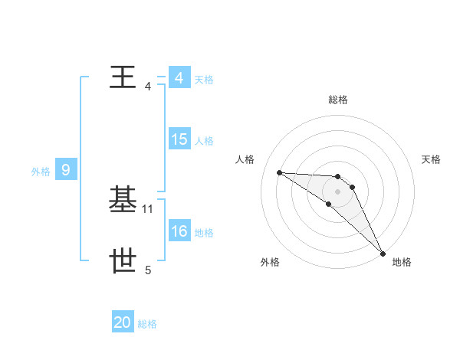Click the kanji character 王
(123, 77)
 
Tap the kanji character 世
(123, 261)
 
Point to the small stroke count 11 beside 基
(148, 208)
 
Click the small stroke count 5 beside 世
(148, 270)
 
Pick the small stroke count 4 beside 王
(148, 86)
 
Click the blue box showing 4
(179, 78)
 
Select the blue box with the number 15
(179, 139)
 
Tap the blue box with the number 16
(179, 231)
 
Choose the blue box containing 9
(66, 170)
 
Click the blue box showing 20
(122, 322)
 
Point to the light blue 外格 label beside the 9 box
(41, 172)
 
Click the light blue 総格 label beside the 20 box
(147, 324)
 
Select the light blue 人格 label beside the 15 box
(204, 141)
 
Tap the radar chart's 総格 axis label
(338, 100)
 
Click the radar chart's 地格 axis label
(402, 262)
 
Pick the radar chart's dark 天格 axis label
(432, 159)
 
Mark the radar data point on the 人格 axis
(279, 172)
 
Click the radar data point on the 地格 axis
(382, 253)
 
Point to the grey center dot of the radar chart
(338, 191)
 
